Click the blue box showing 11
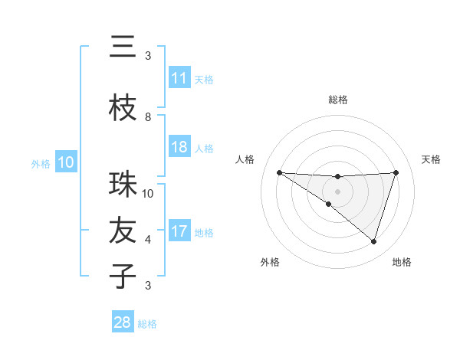pos(179,78)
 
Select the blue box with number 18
pos(179,147)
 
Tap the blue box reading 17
pos(179,231)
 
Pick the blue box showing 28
pos(123,322)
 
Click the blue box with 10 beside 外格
pos(65,162)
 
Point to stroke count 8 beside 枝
pos(148,117)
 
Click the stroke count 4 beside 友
pos(148,240)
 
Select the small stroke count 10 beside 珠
pos(148,194)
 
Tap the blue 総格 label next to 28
pos(147,324)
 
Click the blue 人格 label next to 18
pos(203,148)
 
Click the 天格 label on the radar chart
pos(431,159)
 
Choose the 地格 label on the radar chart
pos(402,262)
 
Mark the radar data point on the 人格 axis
pos(279,172)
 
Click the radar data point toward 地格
pos(373,241)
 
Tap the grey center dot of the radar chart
pos(337,191)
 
